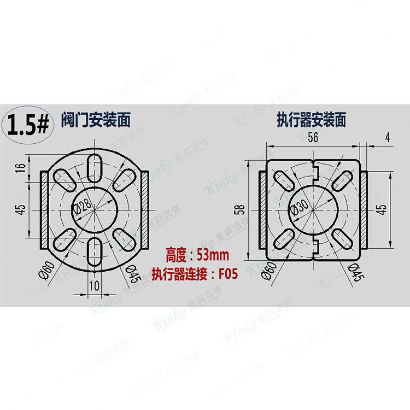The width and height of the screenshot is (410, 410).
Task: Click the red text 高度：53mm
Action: point(197,255)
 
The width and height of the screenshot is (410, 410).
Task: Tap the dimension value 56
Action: point(313,138)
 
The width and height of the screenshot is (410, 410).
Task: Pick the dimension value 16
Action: point(21,168)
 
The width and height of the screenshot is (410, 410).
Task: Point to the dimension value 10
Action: point(95,285)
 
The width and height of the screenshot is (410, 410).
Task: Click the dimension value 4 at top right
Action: point(387,138)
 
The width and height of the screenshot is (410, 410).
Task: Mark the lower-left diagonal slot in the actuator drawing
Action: point(284,238)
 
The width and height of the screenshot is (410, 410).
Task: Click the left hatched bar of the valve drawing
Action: point(45,209)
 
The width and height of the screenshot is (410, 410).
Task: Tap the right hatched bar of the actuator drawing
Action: point(364,209)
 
